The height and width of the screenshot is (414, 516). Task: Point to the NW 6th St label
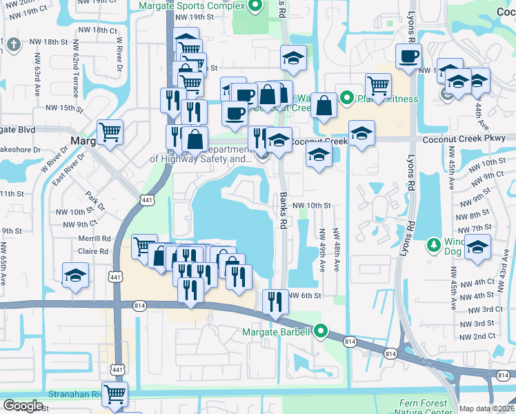pyautogui.click(x=307, y=295)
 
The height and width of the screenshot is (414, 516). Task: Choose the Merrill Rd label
pyautogui.click(x=95, y=238)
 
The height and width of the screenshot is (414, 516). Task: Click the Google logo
pyautogui.click(x=23, y=406)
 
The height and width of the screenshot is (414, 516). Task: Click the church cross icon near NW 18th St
pyautogui.click(x=13, y=46)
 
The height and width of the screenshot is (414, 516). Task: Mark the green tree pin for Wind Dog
pyautogui.click(x=434, y=244)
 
